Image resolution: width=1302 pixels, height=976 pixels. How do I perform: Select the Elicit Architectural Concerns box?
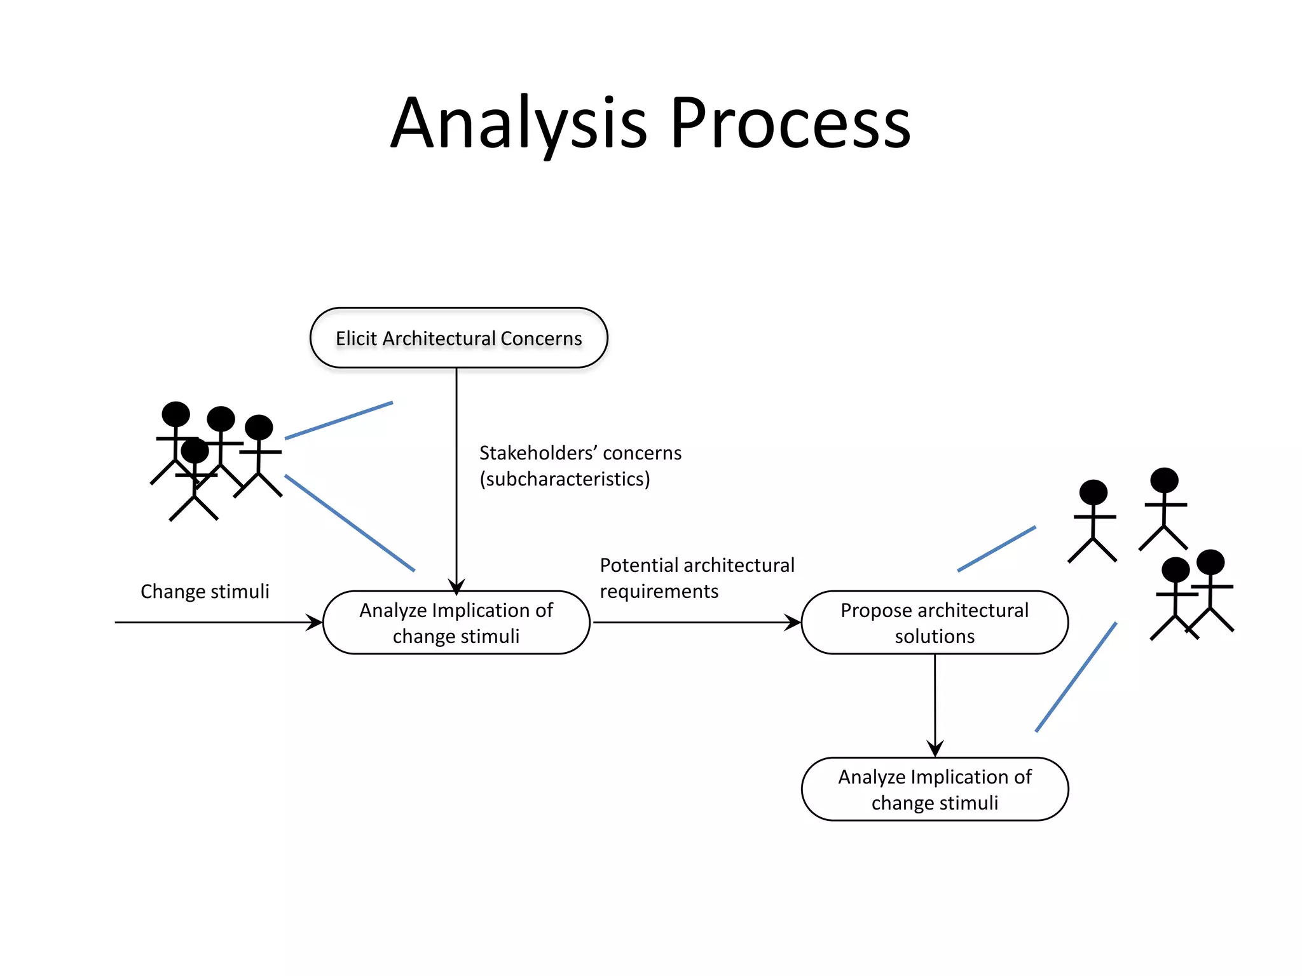(x=458, y=338)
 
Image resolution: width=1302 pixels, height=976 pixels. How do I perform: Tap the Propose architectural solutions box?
(x=935, y=623)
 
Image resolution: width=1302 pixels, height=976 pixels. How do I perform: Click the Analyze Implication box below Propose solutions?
(x=935, y=789)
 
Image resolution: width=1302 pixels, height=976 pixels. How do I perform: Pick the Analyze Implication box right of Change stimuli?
(x=456, y=623)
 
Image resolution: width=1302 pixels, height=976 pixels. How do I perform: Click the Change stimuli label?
(x=205, y=591)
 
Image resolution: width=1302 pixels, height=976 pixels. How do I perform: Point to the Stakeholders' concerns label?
(x=580, y=453)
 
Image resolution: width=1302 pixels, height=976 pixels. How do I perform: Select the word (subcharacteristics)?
(x=565, y=479)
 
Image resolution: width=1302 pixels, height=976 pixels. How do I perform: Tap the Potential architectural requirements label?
(x=697, y=578)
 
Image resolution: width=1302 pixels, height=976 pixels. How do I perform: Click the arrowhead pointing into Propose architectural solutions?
(x=793, y=622)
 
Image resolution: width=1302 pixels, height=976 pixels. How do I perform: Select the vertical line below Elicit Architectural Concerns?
(x=456, y=470)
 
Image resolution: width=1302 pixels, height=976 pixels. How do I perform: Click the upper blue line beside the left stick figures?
(x=339, y=420)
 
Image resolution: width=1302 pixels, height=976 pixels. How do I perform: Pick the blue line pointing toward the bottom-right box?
(x=1076, y=677)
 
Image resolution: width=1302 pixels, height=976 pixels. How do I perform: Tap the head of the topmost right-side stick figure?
(x=1164, y=480)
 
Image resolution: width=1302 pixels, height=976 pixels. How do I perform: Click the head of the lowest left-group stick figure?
(x=195, y=451)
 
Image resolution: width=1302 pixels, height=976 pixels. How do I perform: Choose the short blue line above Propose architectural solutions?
(x=996, y=549)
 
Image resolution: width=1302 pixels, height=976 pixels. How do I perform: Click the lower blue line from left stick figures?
(x=350, y=523)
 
